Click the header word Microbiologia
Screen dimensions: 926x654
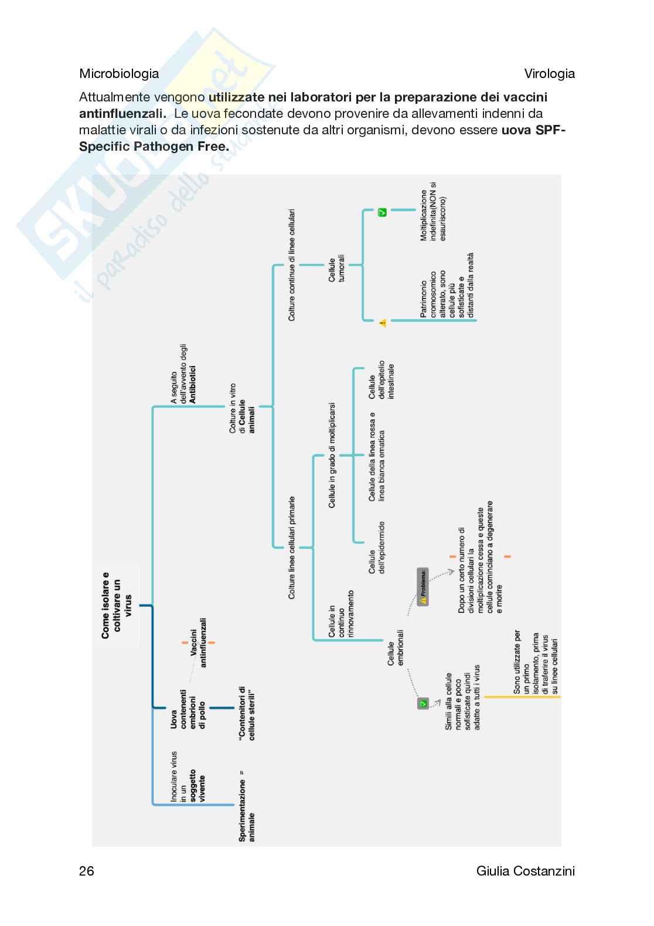pos(119,74)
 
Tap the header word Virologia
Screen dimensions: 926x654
pos(549,74)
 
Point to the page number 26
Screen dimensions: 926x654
pos(87,871)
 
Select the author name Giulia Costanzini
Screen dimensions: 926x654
pos(526,871)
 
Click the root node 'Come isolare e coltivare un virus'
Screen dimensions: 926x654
pos(116,605)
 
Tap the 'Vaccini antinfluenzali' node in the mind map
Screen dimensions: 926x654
pos(197,642)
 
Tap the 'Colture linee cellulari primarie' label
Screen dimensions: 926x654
pos(292,548)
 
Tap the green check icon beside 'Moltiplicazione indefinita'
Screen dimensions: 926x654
pos(382,212)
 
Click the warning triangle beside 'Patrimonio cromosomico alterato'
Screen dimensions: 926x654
pos(383,322)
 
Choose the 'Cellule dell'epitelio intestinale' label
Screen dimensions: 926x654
pos(381,381)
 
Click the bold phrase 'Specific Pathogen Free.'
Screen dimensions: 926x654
pos(154,146)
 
